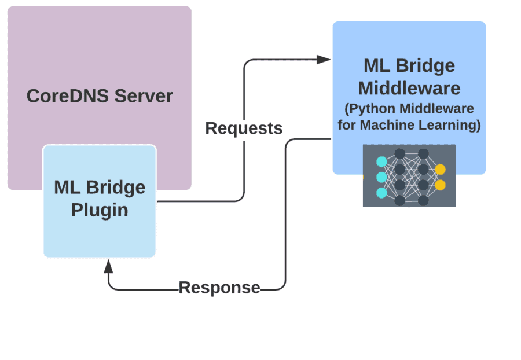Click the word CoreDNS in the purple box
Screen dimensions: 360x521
coord(63,95)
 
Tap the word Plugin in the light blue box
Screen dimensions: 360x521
coord(100,210)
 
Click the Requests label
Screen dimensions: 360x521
coord(244,128)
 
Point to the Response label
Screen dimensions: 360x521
coord(219,287)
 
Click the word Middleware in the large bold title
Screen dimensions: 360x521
coord(409,88)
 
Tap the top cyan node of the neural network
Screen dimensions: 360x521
coord(381,161)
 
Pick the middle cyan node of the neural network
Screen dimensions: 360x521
coord(381,177)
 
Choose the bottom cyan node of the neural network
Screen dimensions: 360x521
coord(381,192)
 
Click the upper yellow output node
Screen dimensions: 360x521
coord(441,170)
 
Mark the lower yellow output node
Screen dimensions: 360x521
coord(441,185)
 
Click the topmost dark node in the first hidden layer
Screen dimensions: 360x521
coord(399,154)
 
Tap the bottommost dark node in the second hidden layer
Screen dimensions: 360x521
coord(423,200)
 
